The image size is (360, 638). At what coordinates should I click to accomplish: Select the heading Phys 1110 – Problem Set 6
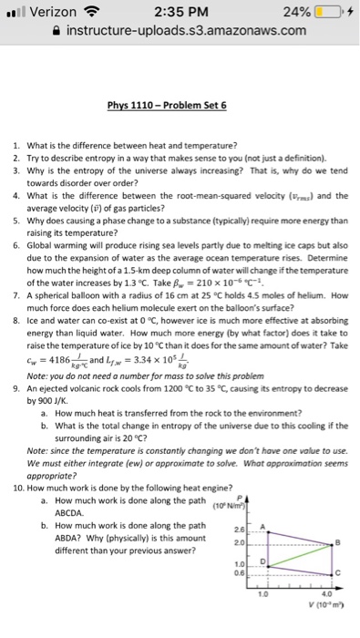tap(180, 106)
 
